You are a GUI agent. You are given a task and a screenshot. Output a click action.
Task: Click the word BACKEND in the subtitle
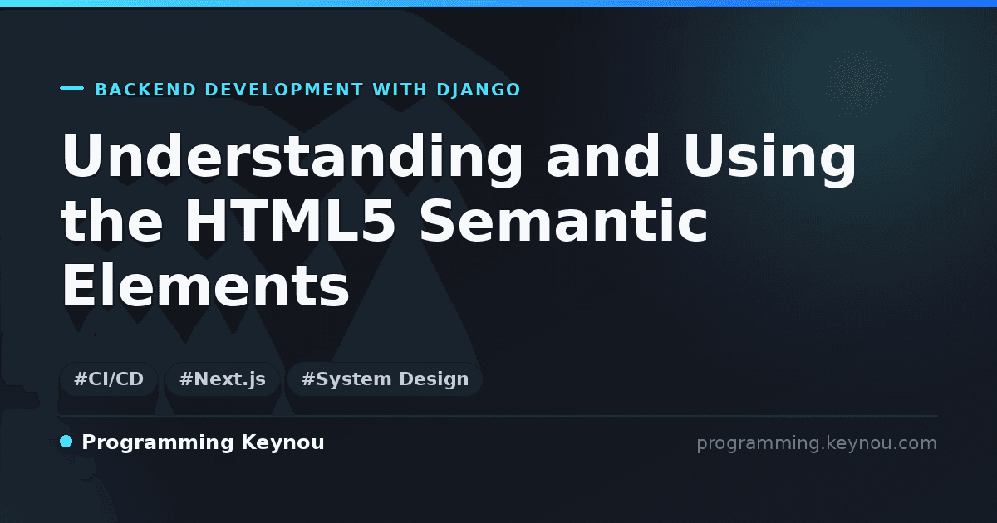[145, 90]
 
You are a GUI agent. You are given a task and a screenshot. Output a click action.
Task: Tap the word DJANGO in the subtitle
[479, 90]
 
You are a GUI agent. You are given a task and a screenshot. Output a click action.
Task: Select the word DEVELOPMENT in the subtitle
[284, 90]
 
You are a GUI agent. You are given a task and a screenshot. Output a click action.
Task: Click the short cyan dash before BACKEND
[71, 88]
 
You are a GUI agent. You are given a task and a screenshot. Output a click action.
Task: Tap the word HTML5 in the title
[290, 221]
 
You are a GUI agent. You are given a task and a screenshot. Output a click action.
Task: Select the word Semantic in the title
[563, 221]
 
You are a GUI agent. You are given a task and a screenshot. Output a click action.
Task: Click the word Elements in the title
[205, 285]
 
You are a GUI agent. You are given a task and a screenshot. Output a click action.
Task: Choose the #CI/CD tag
[109, 379]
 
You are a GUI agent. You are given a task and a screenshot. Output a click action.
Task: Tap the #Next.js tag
[222, 379]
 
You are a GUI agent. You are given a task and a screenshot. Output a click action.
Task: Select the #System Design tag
[385, 379]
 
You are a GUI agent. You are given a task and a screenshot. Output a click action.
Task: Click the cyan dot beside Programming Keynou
[66, 442]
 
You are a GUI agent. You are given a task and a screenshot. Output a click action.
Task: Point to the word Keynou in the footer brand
[282, 443]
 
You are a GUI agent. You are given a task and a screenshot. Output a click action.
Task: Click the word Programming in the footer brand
[158, 443]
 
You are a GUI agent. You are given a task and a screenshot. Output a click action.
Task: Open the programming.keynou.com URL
[817, 443]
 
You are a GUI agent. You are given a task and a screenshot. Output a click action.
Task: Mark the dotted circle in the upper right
[859, 83]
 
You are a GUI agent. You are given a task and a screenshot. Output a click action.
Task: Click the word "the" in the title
[111, 221]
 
